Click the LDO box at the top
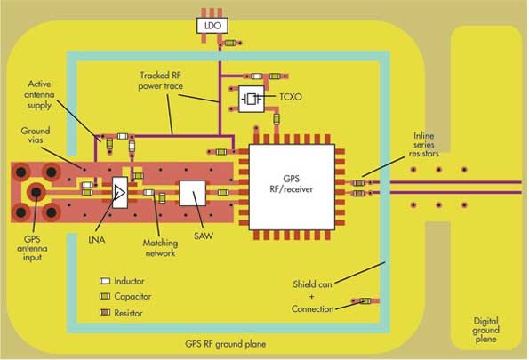pos(212,27)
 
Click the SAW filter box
pos(191,193)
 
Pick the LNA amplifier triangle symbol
pos(119,192)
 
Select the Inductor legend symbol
pos(104,281)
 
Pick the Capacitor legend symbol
pos(104,297)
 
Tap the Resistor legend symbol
pos(104,313)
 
